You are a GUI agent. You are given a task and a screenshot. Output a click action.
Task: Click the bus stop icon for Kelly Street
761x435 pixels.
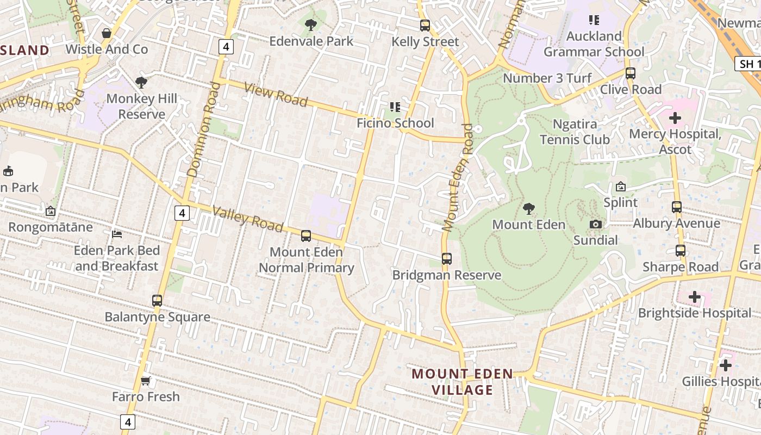tap(425, 26)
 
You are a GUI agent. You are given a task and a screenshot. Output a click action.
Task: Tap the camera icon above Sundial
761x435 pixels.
tap(595, 225)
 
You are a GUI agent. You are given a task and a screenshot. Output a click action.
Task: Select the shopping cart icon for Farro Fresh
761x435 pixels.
tap(145, 381)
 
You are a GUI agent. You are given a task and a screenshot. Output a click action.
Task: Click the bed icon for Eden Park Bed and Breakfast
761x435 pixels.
tap(117, 234)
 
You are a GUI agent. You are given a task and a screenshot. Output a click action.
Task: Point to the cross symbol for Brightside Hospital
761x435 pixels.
tap(694, 297)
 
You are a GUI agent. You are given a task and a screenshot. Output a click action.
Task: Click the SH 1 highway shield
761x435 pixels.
tap(748, 64)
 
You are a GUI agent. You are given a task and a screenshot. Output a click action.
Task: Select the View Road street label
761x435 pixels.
tap(276, 95)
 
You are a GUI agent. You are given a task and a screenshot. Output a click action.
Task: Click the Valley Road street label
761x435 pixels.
tap(247, 219)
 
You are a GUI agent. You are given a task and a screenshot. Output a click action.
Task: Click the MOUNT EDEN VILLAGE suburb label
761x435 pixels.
tap(463, 382)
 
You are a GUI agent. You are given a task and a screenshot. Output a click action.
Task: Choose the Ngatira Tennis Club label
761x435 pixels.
tap(575, 132)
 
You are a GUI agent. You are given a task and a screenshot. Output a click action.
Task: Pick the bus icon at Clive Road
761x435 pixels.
tap(631, 73)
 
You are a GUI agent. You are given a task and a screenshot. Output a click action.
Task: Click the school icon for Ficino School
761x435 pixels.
tap(395, 107)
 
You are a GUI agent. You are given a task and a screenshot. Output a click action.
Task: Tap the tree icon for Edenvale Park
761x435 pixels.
tap(311, 24)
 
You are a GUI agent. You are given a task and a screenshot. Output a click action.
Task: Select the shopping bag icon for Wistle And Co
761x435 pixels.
tap(107, 33)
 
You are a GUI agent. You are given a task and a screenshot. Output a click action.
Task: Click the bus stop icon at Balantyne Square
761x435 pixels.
tap(157, 301)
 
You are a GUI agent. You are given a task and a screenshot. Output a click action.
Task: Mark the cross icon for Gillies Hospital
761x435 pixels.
tap(726, 365)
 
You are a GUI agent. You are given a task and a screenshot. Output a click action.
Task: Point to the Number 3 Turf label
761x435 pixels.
tap(547, 78)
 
